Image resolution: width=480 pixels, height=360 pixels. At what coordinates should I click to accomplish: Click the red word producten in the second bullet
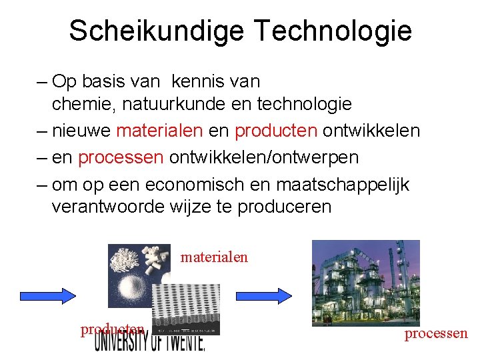276,130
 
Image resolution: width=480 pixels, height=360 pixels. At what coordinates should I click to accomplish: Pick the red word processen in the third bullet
121,157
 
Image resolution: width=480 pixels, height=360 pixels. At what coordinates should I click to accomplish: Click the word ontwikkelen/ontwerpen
264,157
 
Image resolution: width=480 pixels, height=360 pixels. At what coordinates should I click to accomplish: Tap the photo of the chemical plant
366,283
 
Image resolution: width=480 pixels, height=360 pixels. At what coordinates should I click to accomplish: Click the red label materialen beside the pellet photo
214,257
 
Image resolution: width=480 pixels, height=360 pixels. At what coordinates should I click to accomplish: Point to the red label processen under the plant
436,334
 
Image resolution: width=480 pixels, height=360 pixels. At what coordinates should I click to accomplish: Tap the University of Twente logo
150,342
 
